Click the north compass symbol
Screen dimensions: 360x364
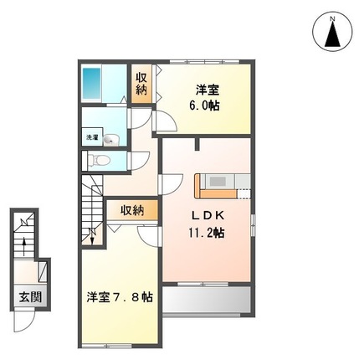pyautogui.click(x=333, y=34)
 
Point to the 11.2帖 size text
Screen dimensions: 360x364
pyautogui.click(x=206, y=234)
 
